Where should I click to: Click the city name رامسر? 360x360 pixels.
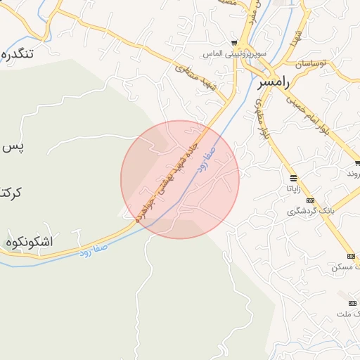(x=274, y=82)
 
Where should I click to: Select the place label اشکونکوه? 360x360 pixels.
(x=29, y=242)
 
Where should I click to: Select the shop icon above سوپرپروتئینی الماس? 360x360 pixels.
(x=234, y=43)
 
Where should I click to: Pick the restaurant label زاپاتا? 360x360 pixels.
(x=292, y=188)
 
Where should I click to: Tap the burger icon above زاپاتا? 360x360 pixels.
(x=292, y=176)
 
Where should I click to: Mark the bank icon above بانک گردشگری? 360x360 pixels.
(x=310, y=200)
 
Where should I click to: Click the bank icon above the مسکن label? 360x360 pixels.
(x=352, y=255)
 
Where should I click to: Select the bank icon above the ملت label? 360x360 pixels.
(x=352, y=303)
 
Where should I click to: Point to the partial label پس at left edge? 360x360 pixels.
(x=13, y=147)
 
